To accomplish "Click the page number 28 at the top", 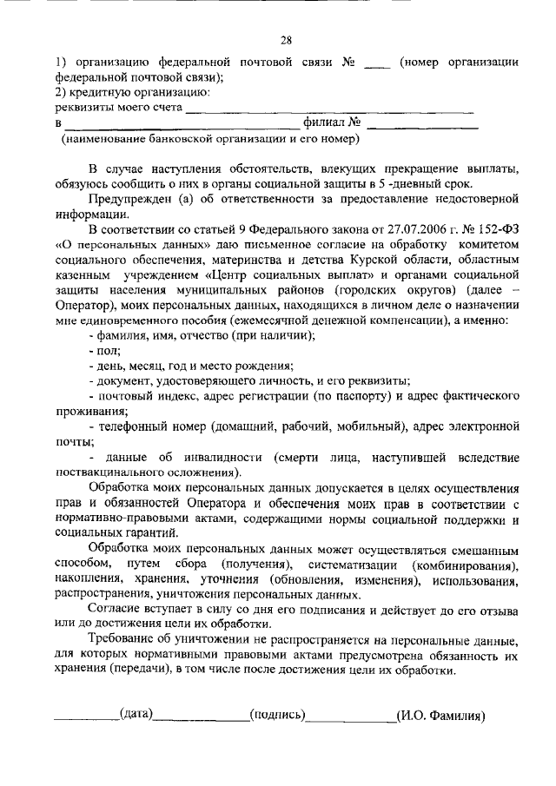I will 286,39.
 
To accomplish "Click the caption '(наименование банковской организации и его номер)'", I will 209,139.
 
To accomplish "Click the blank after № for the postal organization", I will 376,63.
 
